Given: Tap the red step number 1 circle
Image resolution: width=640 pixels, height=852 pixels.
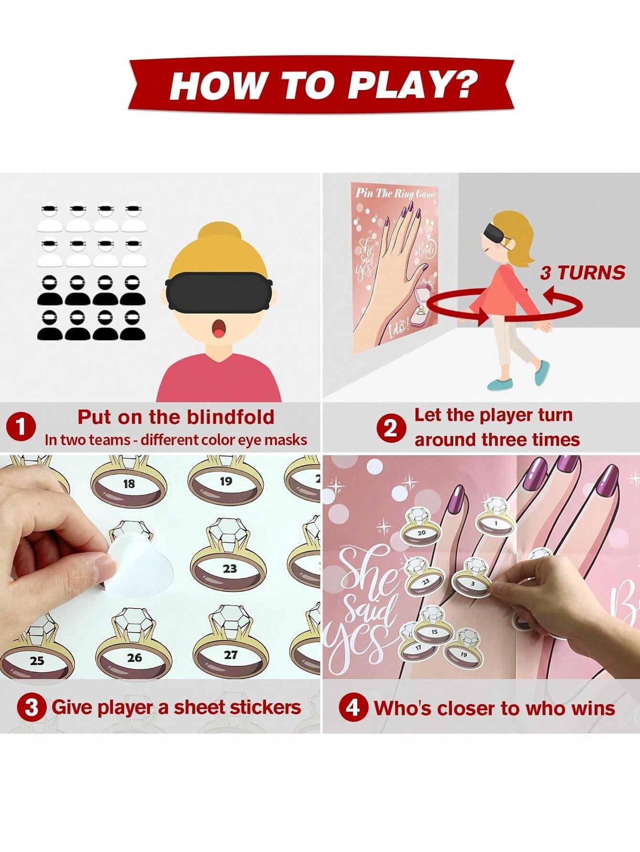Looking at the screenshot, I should click(21, 426).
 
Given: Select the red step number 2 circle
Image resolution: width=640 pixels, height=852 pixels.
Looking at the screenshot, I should click(391, 428).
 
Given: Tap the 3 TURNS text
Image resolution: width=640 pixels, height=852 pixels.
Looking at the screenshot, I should click(582, 273).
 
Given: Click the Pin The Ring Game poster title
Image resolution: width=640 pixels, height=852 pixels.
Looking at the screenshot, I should click(395, 193).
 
